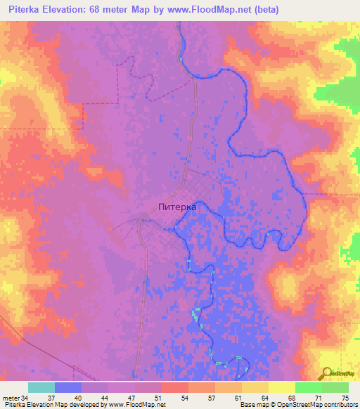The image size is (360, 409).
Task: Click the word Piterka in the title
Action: (x=25, y=10)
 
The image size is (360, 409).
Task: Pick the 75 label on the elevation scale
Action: (x=344, y=398)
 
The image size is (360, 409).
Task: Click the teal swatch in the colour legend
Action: (x=41, y=387)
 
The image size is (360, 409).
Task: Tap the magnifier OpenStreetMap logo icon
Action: (x=326, y=373)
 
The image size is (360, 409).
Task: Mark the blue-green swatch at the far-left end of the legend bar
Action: (x=41, y=387)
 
